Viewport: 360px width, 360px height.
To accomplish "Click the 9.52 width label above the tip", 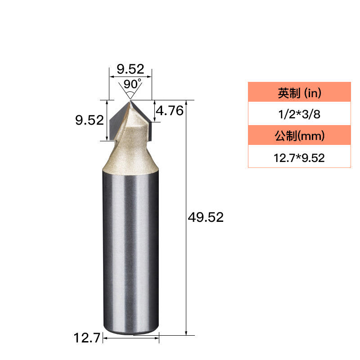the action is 130,69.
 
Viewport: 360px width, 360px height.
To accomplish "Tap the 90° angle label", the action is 132,84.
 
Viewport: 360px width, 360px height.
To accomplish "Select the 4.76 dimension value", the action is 170,111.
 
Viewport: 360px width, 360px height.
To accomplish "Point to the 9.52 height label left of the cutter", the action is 90,120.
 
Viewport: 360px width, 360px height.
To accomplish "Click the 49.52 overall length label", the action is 206,217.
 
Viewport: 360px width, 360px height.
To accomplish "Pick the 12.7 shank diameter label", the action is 87,338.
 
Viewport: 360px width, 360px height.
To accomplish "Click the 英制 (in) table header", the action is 299,93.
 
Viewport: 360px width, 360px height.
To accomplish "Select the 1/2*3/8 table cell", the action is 299,114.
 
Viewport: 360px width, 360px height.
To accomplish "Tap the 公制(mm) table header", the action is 299,135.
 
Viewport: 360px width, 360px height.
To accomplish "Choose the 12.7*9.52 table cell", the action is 299,158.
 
